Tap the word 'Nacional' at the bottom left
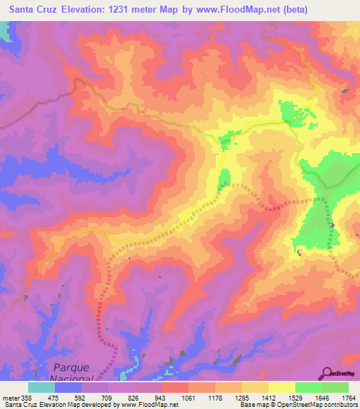(74, 379)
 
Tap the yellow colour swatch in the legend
(281, 387)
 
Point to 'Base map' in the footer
(252, 405)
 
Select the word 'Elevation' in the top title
(100, 8)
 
